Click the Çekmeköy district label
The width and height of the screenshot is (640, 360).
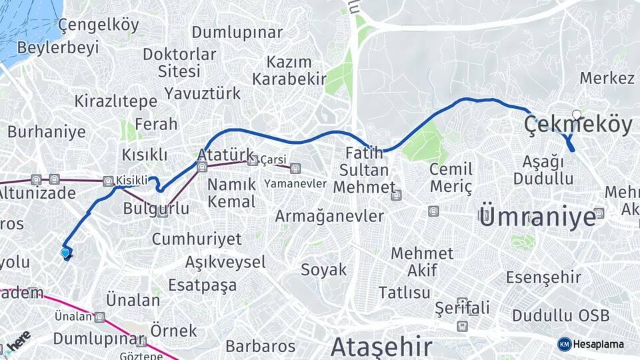[x=578, y=125]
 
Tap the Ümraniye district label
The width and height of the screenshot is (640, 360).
[x=537, y=217]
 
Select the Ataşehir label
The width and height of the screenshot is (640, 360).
[x=381, y=347]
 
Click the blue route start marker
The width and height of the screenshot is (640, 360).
[x=65, y=253]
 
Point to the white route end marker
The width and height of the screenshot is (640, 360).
[x=577, y=114]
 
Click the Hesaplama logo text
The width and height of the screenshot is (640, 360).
[x=598, y=344]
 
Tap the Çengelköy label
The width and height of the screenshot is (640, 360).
[x=99, y=25]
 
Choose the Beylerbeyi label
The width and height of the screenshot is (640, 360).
[x=58, y=47]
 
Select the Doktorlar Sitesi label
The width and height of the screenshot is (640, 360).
[x=171, y=62]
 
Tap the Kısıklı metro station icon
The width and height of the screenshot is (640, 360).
[x=108, y=181]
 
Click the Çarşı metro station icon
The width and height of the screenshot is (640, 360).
[x=253, y=160]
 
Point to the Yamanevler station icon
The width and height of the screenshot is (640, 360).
[x=295, y=168]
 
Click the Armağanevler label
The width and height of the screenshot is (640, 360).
[x=329, y=216]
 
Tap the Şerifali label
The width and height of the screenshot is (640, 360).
[x=462, y=308]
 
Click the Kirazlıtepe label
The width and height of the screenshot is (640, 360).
[x=115, y=101]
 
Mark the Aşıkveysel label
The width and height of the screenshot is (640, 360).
[x=225, y=261]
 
